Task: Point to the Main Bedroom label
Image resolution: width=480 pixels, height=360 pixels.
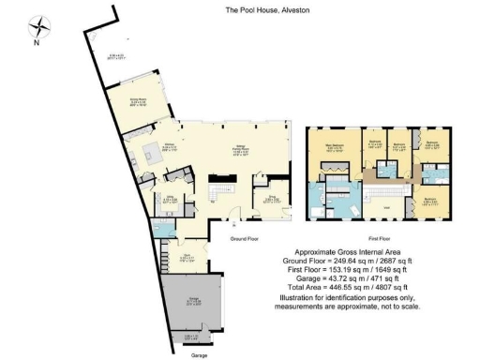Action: click(335, 145)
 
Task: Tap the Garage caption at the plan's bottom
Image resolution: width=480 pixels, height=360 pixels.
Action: click(199, 355)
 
